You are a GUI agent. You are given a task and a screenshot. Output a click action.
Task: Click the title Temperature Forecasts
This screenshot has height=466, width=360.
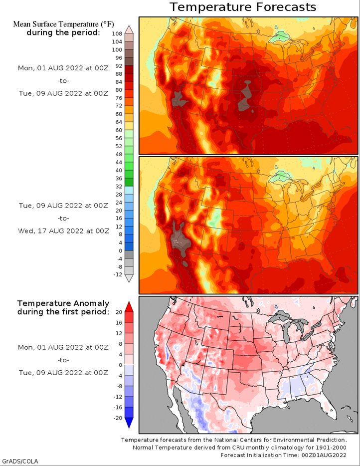243,7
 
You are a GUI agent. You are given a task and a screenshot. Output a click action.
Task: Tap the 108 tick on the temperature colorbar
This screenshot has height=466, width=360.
117,34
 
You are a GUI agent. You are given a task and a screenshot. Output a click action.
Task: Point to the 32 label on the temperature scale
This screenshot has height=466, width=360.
119,186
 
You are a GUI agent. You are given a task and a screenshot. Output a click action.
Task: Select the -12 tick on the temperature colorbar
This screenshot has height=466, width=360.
118,274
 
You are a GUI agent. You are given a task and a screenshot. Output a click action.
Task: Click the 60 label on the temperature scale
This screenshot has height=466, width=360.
119,130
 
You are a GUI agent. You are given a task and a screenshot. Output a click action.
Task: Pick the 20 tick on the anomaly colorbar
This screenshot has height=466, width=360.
119,312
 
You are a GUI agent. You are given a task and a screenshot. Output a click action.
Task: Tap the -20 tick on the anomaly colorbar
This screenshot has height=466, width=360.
118,418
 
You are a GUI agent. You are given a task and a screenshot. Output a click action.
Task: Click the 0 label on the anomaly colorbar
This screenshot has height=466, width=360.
121,365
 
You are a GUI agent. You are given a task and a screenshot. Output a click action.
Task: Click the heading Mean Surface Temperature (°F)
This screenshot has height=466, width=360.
63,24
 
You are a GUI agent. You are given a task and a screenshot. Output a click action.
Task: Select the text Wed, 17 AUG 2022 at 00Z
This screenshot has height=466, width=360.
63,231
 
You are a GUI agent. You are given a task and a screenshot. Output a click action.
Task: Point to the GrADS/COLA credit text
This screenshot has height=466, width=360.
19,461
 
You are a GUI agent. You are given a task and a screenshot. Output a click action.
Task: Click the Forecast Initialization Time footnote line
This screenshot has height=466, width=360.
283,455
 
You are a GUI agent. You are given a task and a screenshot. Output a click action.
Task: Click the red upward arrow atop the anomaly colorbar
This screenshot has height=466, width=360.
129,307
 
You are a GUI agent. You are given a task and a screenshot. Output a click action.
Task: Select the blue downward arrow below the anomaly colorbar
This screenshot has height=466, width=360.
129,423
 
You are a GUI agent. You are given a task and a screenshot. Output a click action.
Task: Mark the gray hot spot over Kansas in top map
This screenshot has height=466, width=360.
246,96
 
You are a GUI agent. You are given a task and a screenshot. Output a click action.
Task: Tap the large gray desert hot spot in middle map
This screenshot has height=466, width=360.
180,240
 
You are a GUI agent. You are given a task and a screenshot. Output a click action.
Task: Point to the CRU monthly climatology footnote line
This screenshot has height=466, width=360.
239,448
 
